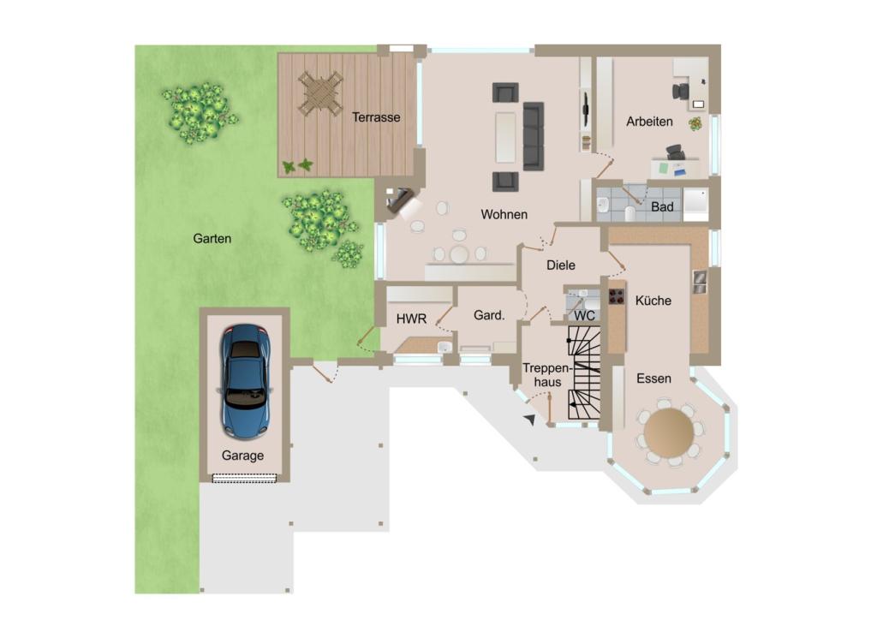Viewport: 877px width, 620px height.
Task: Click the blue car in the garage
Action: (245, 382)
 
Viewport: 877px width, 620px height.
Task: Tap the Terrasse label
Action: (376, 117)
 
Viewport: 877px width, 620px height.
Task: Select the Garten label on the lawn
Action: (212, 239)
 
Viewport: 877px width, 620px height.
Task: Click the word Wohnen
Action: (504, 215)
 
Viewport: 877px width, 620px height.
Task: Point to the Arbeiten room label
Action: (649, 122)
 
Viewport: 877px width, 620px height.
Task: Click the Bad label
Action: (662, 207)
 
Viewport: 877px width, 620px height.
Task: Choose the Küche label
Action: (653, 301)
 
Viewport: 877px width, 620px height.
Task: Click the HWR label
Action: (411, 319)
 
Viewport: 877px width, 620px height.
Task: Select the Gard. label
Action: (489, 316)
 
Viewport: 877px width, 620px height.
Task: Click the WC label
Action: (584, 317)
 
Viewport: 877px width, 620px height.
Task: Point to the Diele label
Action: (561, 265)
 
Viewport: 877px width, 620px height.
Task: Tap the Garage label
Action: (242, 456)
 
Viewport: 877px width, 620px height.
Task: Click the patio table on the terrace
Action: (320, 92)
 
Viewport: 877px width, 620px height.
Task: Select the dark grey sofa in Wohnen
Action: (534, 136)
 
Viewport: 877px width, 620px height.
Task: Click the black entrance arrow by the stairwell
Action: (529, 420)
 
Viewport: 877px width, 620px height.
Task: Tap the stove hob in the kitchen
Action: (617, 296)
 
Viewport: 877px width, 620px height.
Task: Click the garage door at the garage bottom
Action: (244, 479)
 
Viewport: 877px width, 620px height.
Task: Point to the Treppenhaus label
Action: (547, 375)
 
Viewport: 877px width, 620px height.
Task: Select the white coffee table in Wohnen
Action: (505, 138)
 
